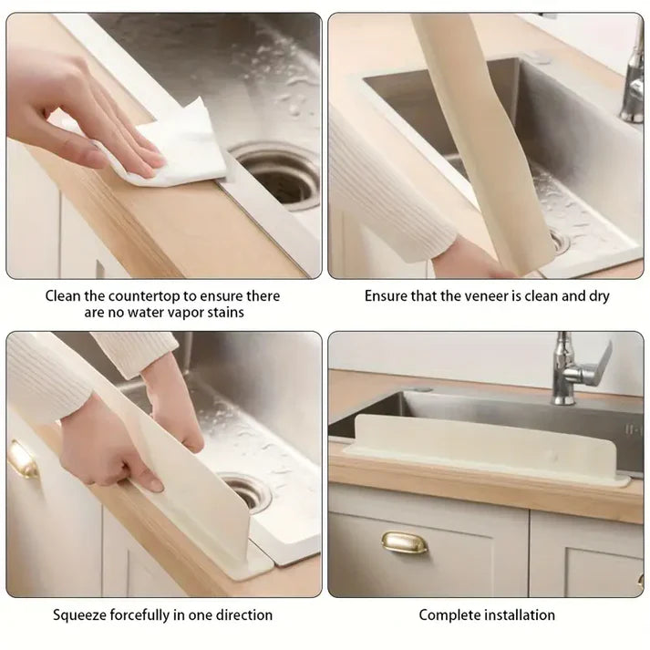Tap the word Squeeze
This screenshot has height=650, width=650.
(80, 615)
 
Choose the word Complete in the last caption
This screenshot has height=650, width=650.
(449, 615)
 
